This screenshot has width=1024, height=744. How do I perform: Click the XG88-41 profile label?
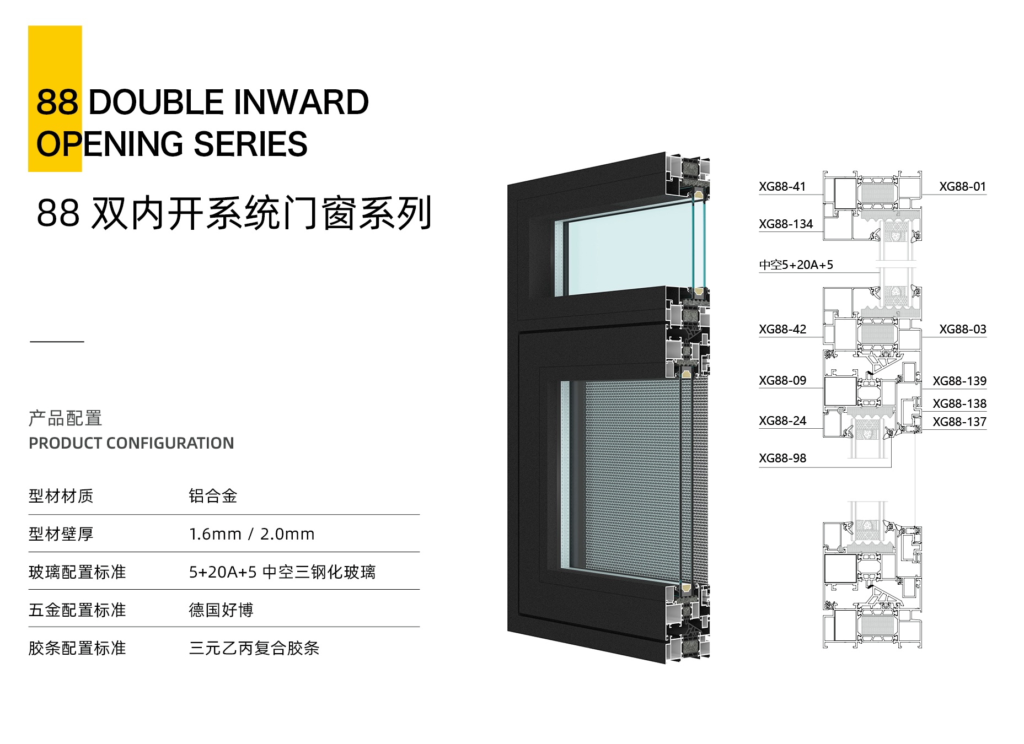(782, 187)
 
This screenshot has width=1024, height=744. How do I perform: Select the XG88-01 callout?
(962, 187)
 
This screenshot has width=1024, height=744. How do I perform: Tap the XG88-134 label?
(786, 224)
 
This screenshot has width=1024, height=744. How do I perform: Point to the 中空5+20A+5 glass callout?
(796, 265)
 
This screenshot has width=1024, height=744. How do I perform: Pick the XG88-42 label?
(782, 330)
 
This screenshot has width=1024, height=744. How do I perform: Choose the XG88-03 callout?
(963, 330)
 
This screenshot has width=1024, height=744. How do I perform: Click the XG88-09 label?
(782, 381)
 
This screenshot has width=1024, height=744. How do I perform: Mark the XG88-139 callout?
(959, 381)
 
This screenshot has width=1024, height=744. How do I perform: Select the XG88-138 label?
(959, 404)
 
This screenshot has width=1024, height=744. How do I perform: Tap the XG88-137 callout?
(959, 422)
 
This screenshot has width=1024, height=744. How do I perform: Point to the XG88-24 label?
(782, 421)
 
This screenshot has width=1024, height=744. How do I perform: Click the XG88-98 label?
(782, 459)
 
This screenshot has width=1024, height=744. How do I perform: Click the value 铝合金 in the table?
(213, 496)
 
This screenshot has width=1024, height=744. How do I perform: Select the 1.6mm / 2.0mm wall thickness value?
(251, 534)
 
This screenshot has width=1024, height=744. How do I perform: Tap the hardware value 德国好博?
(221, 610)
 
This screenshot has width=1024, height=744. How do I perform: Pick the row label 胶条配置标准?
(77, 648)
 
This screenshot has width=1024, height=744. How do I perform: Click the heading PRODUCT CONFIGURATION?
(131, 443)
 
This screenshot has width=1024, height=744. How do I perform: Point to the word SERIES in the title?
(251, 144)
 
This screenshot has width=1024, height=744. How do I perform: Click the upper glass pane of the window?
(629, 251)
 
